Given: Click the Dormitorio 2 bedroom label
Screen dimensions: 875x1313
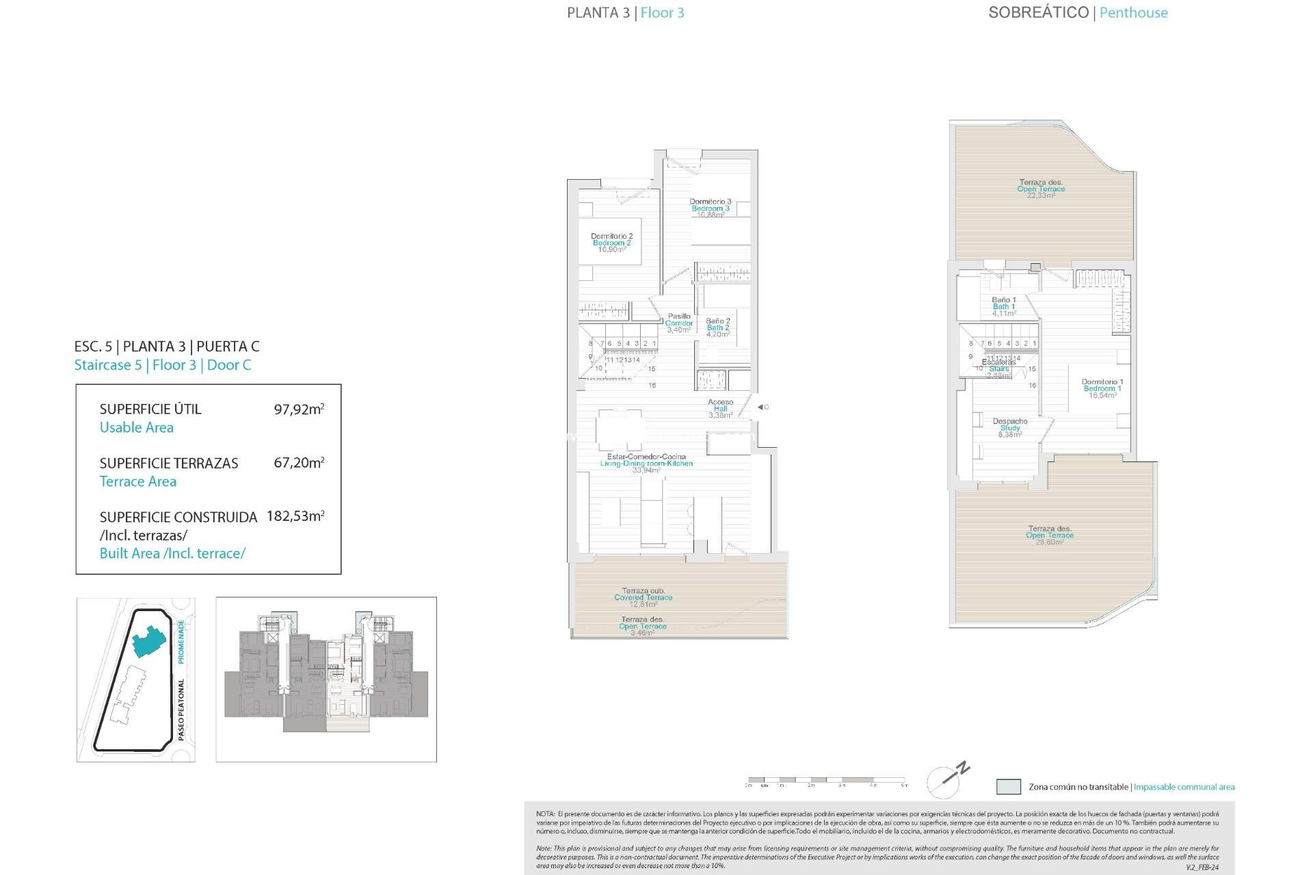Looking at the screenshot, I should coord(611,243).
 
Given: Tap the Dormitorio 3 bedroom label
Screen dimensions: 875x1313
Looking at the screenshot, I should coord(710,208).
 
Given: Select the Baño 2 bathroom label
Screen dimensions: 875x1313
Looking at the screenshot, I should coord(718,327).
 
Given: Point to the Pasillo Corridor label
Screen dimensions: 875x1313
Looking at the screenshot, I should coord(679,323).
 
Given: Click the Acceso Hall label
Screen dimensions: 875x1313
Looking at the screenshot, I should coord(720,408).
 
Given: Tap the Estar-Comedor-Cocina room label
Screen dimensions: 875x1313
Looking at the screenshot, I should coord(646,463).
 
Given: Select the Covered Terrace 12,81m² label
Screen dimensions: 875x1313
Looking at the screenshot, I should coord(643,597).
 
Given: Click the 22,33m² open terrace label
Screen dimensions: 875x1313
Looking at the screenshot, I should coord(1041,189).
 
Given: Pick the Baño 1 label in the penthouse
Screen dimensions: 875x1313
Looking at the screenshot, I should coord(1004,306).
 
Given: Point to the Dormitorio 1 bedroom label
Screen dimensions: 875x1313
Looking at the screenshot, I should coord(1102,388).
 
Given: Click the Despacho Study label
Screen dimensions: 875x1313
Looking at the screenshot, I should coord(1009,427).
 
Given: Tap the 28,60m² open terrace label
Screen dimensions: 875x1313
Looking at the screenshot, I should coord(1050,535).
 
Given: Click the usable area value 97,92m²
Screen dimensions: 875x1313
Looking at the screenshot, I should coord(299,409).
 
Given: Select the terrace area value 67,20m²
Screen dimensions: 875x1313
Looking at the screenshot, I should coord(299,463).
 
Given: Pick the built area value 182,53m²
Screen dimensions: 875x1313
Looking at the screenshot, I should coord(295,516).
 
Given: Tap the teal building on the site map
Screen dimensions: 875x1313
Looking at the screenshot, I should coord(148,641).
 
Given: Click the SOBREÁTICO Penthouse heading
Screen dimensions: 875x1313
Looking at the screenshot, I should coord(1078,12).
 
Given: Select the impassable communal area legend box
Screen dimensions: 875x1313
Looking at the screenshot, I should coord(1008,787).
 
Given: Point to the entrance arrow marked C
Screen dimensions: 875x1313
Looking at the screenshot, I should coord(762,407).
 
